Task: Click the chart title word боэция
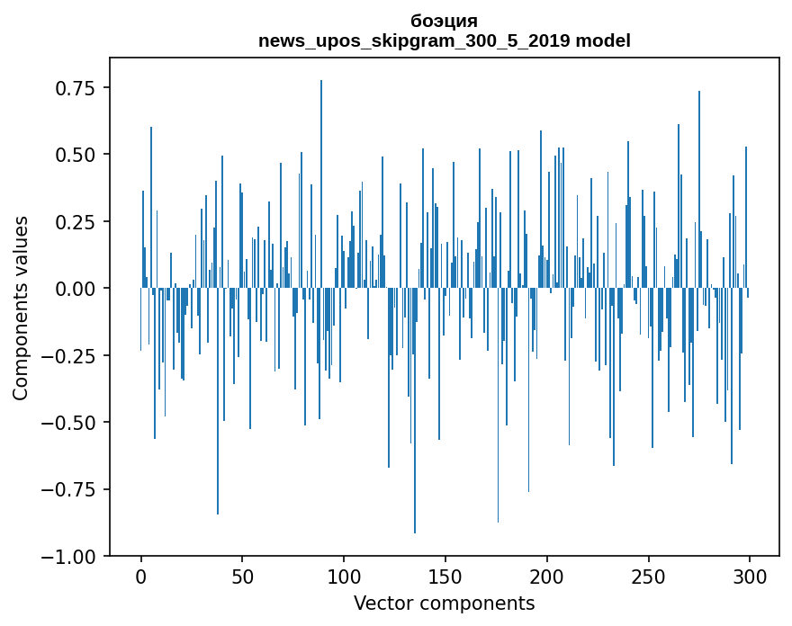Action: (444, 21)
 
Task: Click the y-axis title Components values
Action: (21, 308)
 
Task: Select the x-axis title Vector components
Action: (444, 604)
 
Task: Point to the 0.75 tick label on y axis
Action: (76, 88)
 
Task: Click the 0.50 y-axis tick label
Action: (76, 155)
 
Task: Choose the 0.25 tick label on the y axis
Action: (76, 222)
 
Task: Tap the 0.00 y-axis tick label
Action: (76, 289)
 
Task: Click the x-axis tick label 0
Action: (141, 577)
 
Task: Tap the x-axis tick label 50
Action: (242, 577)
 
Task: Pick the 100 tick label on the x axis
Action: (344, 577)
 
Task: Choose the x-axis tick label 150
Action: (445, 577)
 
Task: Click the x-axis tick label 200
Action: (546, 577)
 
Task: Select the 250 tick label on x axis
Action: (648, 577)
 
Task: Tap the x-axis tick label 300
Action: (749, 577)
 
